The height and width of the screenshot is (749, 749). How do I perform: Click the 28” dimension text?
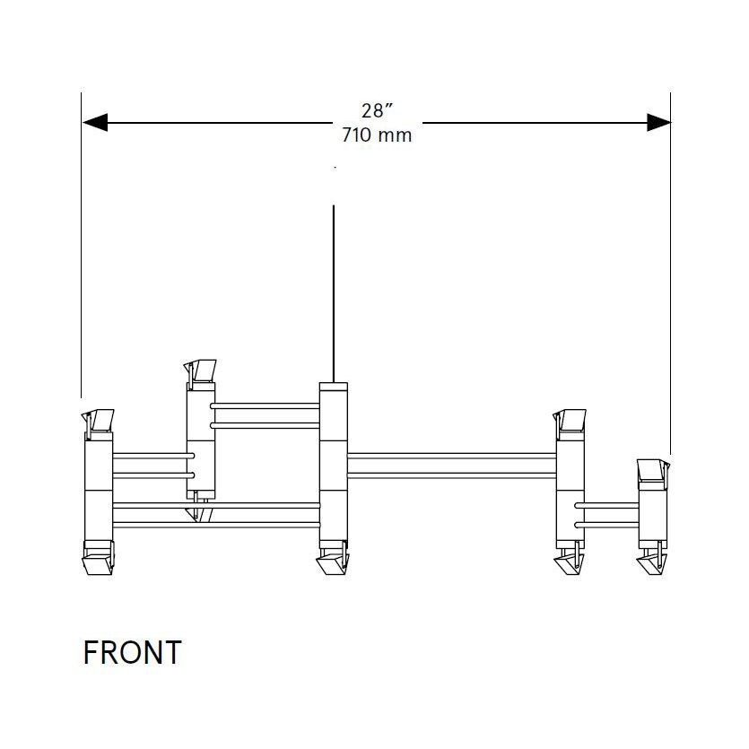click(x=378, y=111)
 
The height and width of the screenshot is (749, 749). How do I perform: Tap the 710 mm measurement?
click(x=377, y=135)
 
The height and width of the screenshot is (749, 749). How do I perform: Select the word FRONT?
click(x=132, y=652)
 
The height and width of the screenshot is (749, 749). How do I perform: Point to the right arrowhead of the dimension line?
click(x=658, y=123)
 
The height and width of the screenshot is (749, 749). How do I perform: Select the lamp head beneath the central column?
click(x=333, y=563)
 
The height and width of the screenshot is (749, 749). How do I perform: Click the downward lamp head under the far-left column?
click(x=98, y=563)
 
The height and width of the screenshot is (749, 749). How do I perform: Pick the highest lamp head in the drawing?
click(x=200, y=370)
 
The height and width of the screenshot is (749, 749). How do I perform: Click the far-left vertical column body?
click(x=98, y=489)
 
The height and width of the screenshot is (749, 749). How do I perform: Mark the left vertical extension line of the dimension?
click(x=82, y=269)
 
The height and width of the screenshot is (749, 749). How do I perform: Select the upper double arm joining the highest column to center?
click(x=266, y=414)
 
